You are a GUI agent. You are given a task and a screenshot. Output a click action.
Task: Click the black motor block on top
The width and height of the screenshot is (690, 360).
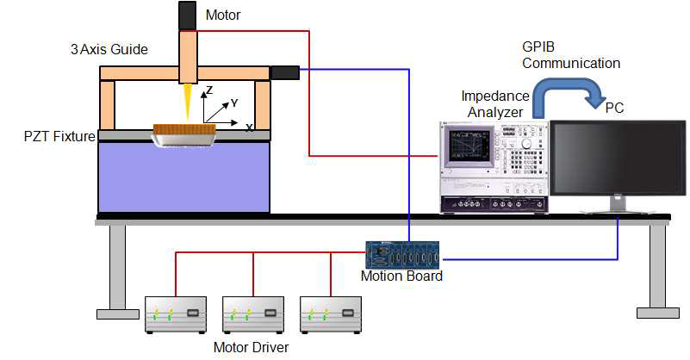point(188,15)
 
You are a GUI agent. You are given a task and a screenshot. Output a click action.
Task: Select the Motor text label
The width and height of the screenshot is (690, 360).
point(222,15)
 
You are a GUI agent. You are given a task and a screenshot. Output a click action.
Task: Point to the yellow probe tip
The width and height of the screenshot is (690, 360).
point(187,102)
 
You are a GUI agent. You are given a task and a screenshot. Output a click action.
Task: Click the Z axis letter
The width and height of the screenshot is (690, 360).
point(208,90)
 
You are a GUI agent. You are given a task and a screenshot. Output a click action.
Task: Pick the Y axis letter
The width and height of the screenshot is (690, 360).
point(233,102)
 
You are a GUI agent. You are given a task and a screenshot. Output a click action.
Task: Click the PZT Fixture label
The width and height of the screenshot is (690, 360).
point(59,135)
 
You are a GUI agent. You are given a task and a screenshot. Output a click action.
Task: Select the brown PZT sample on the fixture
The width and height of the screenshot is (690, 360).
point(183,132)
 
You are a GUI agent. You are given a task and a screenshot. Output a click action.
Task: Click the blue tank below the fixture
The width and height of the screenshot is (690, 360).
point(183,176)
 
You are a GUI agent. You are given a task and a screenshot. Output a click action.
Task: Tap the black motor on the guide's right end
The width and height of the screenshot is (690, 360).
point(284,72)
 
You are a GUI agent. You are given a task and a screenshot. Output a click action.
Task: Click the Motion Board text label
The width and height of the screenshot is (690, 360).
point(402,277)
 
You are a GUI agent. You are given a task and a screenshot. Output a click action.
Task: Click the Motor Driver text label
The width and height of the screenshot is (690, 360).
point(251,348)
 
